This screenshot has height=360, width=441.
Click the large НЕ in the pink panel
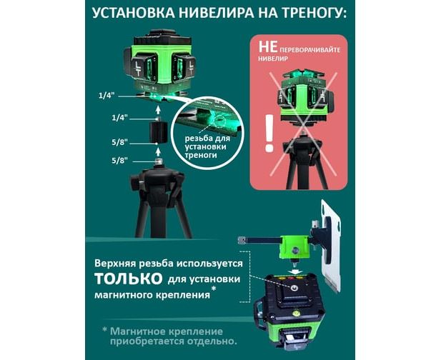coord(268,46)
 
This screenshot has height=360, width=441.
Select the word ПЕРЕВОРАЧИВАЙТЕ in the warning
coord(310,50)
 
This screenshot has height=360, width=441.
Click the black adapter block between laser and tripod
coord(158,132)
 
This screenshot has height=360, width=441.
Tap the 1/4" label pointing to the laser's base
coord(106,96)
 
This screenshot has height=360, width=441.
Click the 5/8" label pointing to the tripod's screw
coord(120,161)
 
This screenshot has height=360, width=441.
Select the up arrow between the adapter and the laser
coord(158,109)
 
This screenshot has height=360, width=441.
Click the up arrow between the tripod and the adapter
coord(158,152)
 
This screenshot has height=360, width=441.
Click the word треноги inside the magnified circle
coord(201,156)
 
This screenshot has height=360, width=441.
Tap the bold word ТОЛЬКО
coord(129,279)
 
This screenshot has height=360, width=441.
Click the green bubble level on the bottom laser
coord(296,312)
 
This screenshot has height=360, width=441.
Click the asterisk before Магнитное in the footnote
coord(105,329)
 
